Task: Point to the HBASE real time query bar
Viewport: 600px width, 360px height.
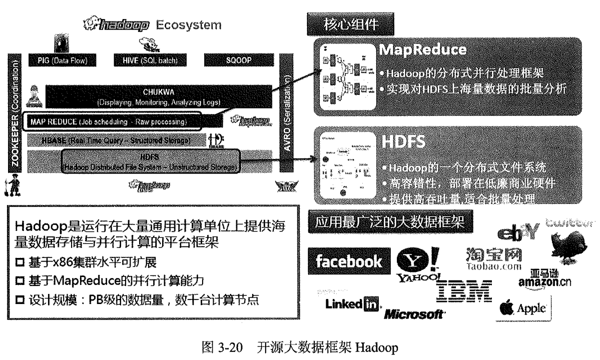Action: tap(116, 141)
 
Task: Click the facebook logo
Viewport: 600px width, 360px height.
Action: tap(349, 261)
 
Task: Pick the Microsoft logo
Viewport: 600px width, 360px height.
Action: tap(414, 314)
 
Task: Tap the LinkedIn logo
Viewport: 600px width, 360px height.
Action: tap(352, 304)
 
